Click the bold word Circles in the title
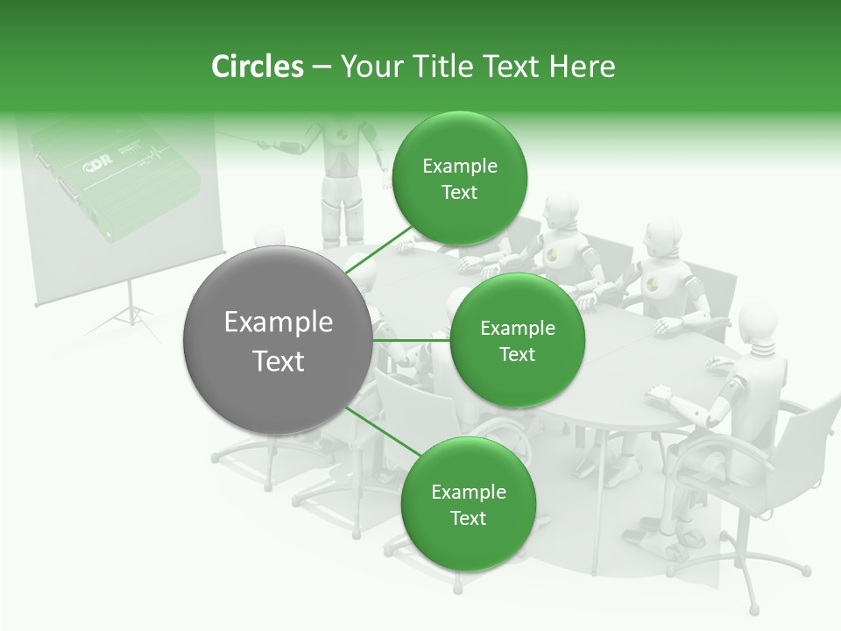(257, 67)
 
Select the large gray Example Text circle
(278, 340)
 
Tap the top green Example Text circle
(459, 179)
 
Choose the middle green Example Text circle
(517, 340)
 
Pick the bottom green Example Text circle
(468, 504)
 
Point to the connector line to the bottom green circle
(384, 432)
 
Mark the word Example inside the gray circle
(278, 323)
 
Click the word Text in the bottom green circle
(468, 518)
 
